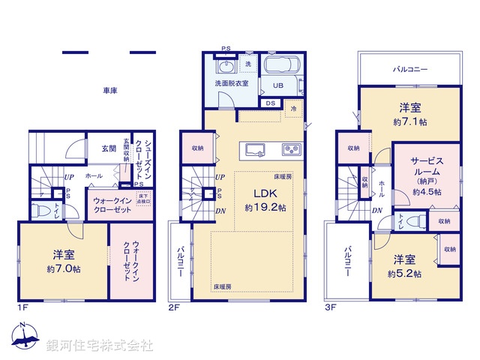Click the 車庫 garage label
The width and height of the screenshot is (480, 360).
coord(109,91)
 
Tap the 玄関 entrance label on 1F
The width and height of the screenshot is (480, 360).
coord(109,148)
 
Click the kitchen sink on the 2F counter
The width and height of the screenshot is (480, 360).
coord(254,147)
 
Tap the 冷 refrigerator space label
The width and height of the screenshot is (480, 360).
coord(293,109)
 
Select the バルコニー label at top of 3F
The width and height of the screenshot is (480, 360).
coord(410,69)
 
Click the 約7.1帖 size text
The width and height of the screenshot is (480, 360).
coord(412,121)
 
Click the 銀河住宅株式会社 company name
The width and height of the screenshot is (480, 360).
coord(99,346)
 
